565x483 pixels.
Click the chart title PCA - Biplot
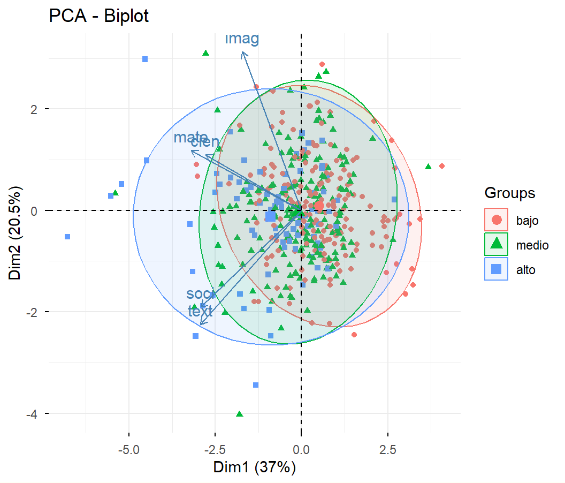(98, 16)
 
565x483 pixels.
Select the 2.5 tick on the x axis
(387, 447)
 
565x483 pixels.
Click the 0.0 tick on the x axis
(301, 447)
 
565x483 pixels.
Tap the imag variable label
(242, 39)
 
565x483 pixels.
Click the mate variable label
(190, 138)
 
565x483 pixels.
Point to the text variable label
(200, 311)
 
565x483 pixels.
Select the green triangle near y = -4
(240, 414)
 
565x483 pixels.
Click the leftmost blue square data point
(67, 237)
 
